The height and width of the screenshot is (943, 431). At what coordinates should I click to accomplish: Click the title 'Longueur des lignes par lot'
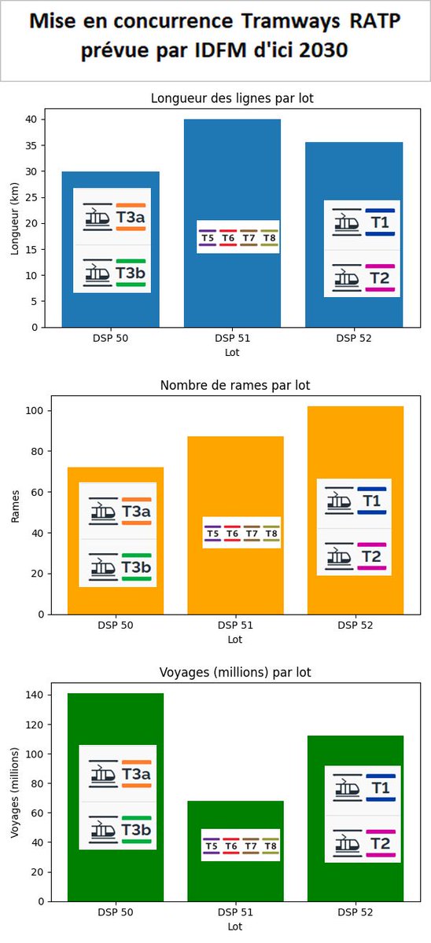point(233,98)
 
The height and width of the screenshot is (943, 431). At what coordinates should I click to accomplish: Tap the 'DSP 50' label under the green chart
point(115,913)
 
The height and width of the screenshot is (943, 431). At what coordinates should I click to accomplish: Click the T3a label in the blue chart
point(131,218)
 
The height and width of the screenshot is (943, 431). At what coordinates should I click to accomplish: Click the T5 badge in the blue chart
point(208,237)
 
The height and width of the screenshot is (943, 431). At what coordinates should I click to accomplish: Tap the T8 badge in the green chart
point(270,846)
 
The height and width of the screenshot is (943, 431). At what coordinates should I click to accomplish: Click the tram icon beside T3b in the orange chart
point(101,567)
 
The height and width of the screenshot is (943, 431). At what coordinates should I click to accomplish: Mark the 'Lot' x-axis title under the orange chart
point(234,639)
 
